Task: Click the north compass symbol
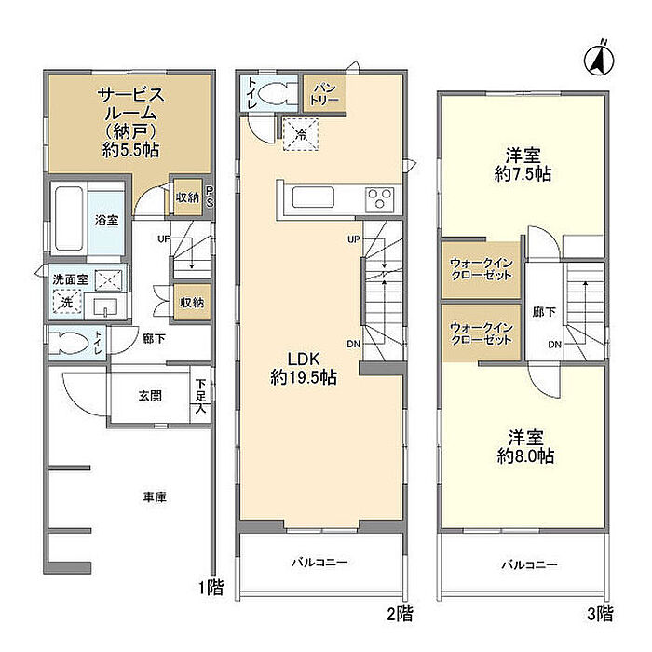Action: [x=599, y=61]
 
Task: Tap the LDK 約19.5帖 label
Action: [x=304, y=369]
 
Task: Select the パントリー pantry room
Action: [x=324, y=93]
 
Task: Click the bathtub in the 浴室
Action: [x=69, y=218]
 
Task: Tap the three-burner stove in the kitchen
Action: [x=379, y=197]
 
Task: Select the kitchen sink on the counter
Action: [x=313, y=197]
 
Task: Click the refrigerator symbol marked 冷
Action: [x=301, y=134]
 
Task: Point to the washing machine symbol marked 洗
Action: [x=67, y=302]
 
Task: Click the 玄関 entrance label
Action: [x=150, y=396]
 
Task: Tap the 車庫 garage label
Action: [x=155, y=496]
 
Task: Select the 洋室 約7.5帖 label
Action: [x=523, y=165]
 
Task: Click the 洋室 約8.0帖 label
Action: [x=525, y=447]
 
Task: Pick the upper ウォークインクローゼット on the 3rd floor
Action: [x=482, y=269]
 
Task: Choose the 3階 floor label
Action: [x=600, y=614]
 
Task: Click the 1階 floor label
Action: [x=211, y=588]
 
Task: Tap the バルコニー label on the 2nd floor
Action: [x=319, y=563]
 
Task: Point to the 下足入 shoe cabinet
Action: [x=200, y=396]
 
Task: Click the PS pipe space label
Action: [x=210, y=197]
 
